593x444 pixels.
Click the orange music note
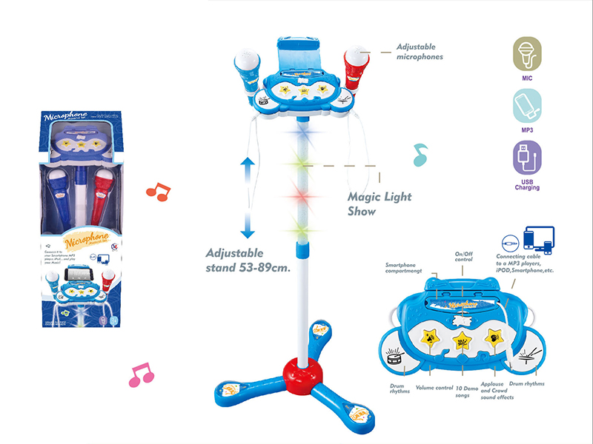[x=157, y=191]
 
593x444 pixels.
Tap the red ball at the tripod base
[x=302, y=368]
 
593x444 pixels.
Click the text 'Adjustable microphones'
[x=420, y=51]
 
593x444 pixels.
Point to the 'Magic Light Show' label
[x=379, y=203]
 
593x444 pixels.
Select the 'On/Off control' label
[x=463, y=257]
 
